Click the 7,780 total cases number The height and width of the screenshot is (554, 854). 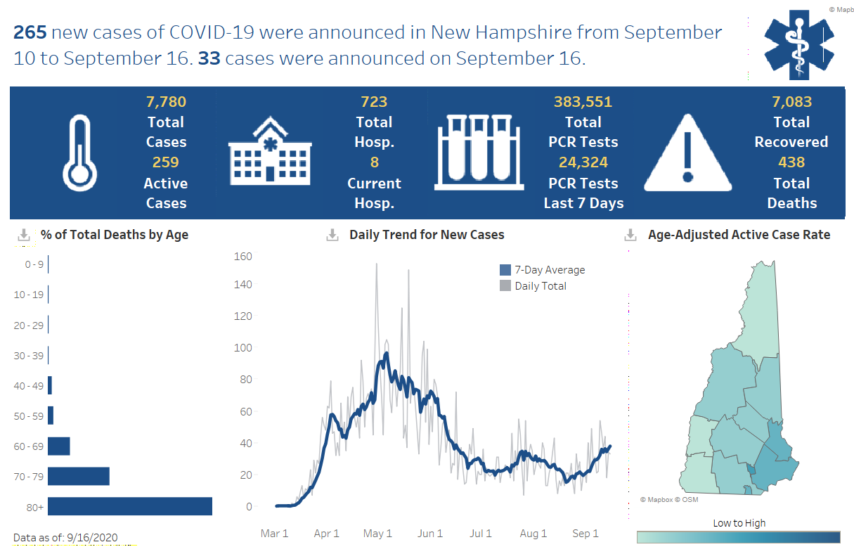166,102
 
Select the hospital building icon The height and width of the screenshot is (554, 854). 270,153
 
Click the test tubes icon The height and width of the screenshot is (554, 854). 480,153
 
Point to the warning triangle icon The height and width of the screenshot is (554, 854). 688,153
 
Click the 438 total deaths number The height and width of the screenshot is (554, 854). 791,162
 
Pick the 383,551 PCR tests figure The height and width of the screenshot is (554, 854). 583,102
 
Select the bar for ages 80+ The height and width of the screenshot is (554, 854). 130,506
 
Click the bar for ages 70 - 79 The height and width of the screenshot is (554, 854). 79,476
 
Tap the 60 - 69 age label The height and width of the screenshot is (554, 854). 28,446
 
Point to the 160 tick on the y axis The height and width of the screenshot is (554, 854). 242,256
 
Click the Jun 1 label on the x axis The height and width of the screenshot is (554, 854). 429,534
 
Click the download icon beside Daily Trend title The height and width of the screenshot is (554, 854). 332,235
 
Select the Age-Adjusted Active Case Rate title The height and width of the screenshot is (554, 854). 739,235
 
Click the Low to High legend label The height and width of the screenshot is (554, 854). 739,523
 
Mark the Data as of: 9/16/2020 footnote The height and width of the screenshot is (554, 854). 65,538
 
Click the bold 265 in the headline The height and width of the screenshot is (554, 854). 30,33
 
